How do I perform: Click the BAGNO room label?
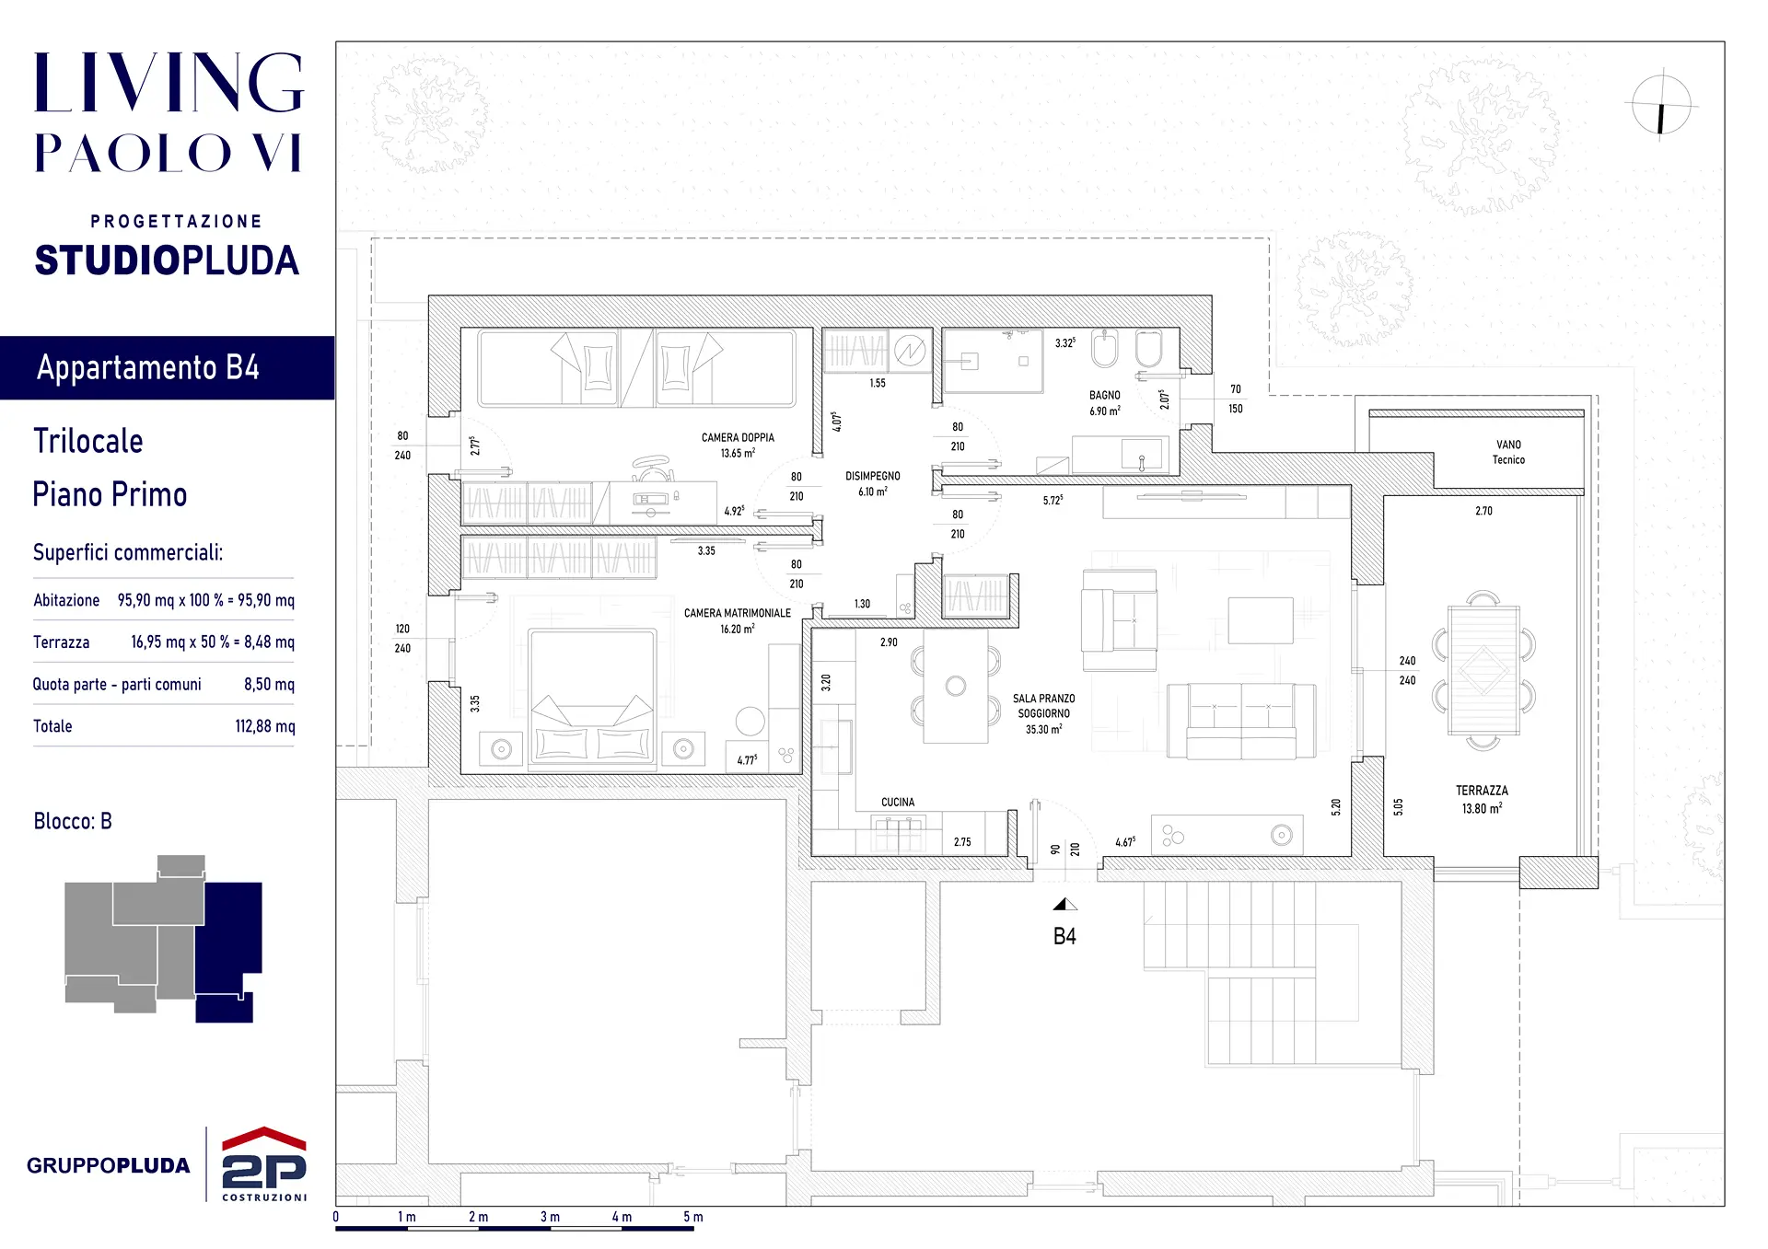point(1105,395)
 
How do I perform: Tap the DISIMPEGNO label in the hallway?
point(873,476)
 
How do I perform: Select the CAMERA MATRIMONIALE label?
point(738,613)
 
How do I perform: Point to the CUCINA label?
point(898,803)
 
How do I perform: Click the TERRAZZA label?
point(1482,791)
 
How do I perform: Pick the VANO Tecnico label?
point(1508,452)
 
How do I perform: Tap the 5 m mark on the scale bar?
point(693,1217)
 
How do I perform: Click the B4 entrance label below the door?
point(1064,937)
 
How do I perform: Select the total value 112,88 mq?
point(265,726)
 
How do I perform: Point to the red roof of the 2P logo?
point(264,1138)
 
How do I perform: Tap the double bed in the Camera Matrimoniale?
point(592,698)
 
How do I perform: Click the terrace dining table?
point(1483,670)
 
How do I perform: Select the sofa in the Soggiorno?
point(1240,722)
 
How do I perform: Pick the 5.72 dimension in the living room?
point(1053,501)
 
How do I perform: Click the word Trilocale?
point(88,441)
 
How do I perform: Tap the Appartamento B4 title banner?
point(167,367)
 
